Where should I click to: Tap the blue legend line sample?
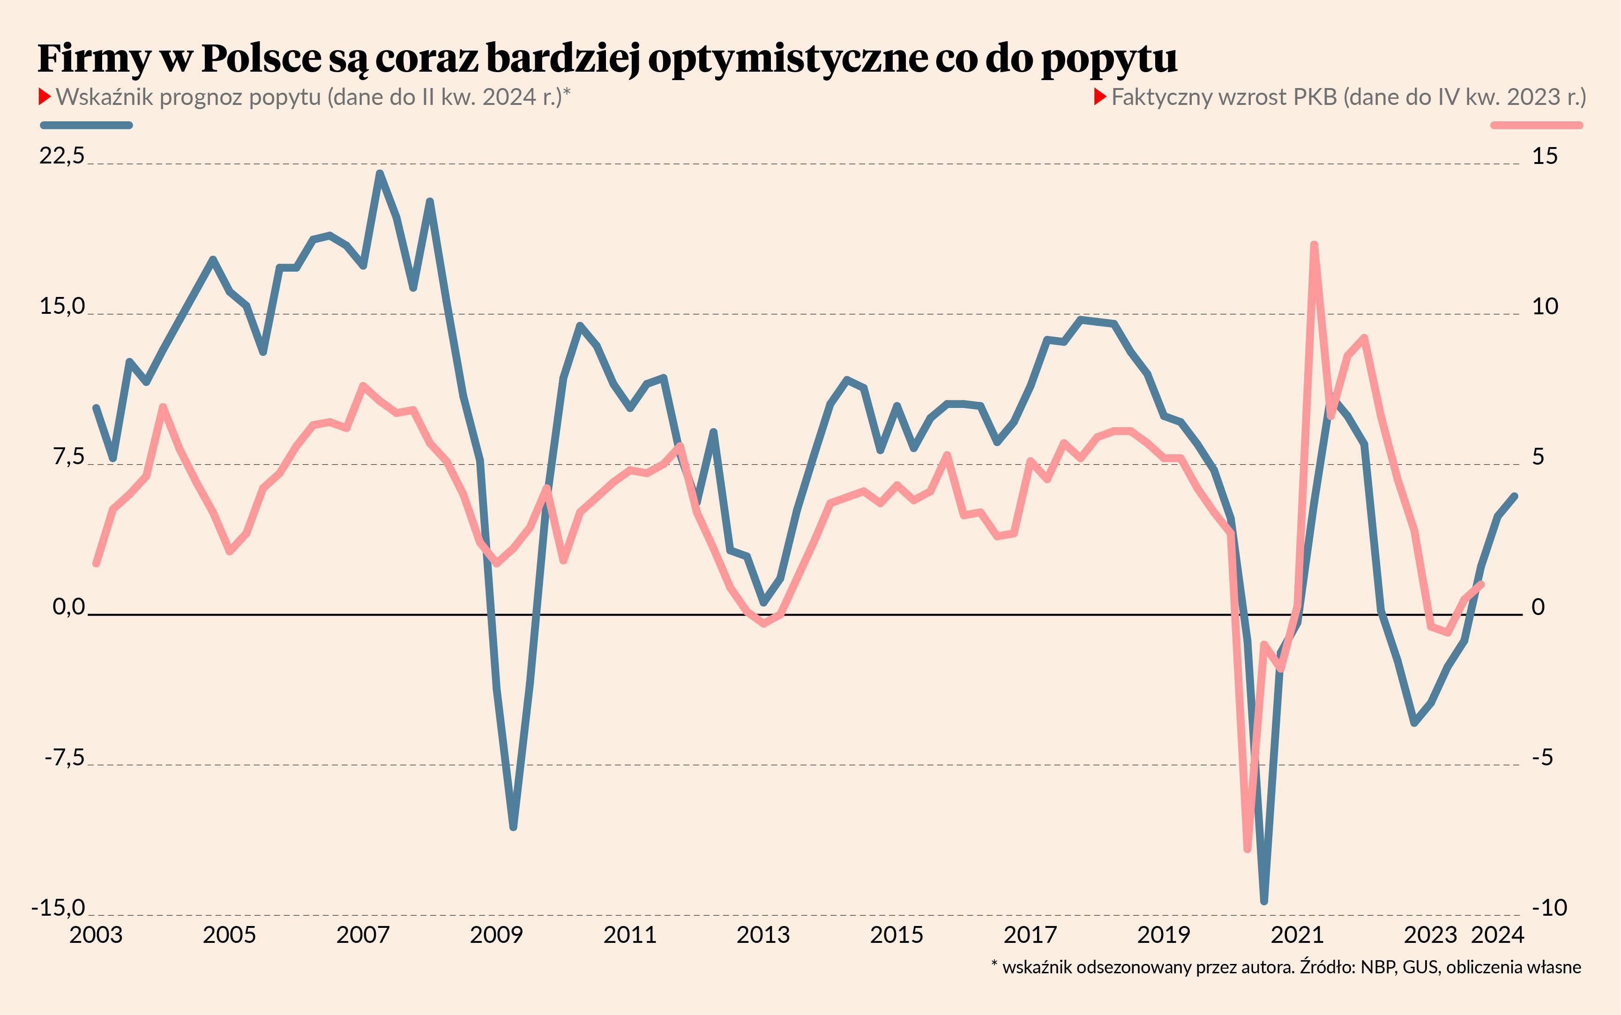click(87, 125)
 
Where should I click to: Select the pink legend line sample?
click(1536, 125)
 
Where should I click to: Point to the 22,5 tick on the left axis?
click(62, 156)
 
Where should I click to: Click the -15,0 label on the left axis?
click(59, 908)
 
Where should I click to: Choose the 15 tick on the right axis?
click(1545, 156)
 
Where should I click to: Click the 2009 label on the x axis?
click(496, 935)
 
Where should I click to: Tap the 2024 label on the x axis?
click(1497, 935)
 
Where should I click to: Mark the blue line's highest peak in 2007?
click(380, 173)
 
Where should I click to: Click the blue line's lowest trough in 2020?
click(1264, 901)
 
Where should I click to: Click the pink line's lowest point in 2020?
click(1247, 849)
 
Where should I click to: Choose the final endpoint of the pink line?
click(1481, 584)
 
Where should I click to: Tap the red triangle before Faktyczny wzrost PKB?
click(1100, 97)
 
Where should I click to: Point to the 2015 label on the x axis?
click(896, 935)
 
